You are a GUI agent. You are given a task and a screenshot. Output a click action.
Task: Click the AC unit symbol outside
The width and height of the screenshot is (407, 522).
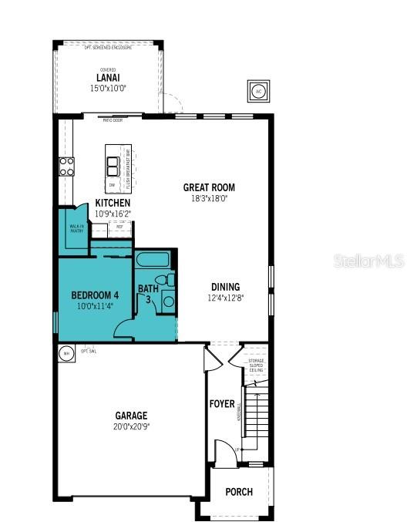257,91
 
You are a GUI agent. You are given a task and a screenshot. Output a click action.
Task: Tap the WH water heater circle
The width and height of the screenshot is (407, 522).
66,353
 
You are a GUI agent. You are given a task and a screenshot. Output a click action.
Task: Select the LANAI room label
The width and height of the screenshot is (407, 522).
107,78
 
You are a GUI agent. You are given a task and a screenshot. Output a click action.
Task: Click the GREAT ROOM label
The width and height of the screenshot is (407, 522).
209,187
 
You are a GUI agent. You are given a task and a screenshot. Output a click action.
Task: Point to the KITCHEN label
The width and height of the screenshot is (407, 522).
113,204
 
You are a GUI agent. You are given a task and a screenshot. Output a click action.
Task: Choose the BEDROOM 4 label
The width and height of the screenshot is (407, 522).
95,295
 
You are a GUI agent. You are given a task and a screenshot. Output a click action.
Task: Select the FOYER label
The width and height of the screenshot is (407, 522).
222,404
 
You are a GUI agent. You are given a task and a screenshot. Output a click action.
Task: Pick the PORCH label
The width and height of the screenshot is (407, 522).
238,492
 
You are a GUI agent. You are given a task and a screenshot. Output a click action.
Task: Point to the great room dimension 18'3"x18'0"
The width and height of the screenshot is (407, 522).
209,198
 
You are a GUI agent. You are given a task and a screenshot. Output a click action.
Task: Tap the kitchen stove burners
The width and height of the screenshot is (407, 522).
66,167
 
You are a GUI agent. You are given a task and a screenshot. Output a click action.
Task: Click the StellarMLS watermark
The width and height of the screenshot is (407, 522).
368,262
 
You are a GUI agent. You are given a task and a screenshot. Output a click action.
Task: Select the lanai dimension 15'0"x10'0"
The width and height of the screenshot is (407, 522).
107,88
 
